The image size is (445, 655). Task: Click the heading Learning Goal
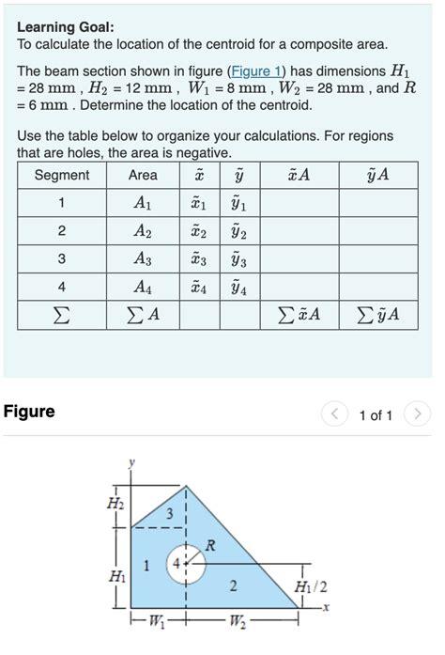[65, 26]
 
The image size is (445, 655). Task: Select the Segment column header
[61, 175]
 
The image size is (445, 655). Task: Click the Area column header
[143, 175]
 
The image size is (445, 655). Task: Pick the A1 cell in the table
[143, 203]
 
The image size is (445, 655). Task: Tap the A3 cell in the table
[143, 259]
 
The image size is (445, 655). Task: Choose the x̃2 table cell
[198, 231]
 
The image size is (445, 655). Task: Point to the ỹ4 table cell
[239, 288]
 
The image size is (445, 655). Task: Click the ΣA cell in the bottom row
[143, 316]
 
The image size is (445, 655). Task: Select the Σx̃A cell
[299, 316]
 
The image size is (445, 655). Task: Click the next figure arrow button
[420, 413]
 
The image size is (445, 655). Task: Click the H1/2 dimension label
[312, 587]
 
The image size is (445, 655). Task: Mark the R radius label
[210, 544]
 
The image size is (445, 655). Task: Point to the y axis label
[132, 461]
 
